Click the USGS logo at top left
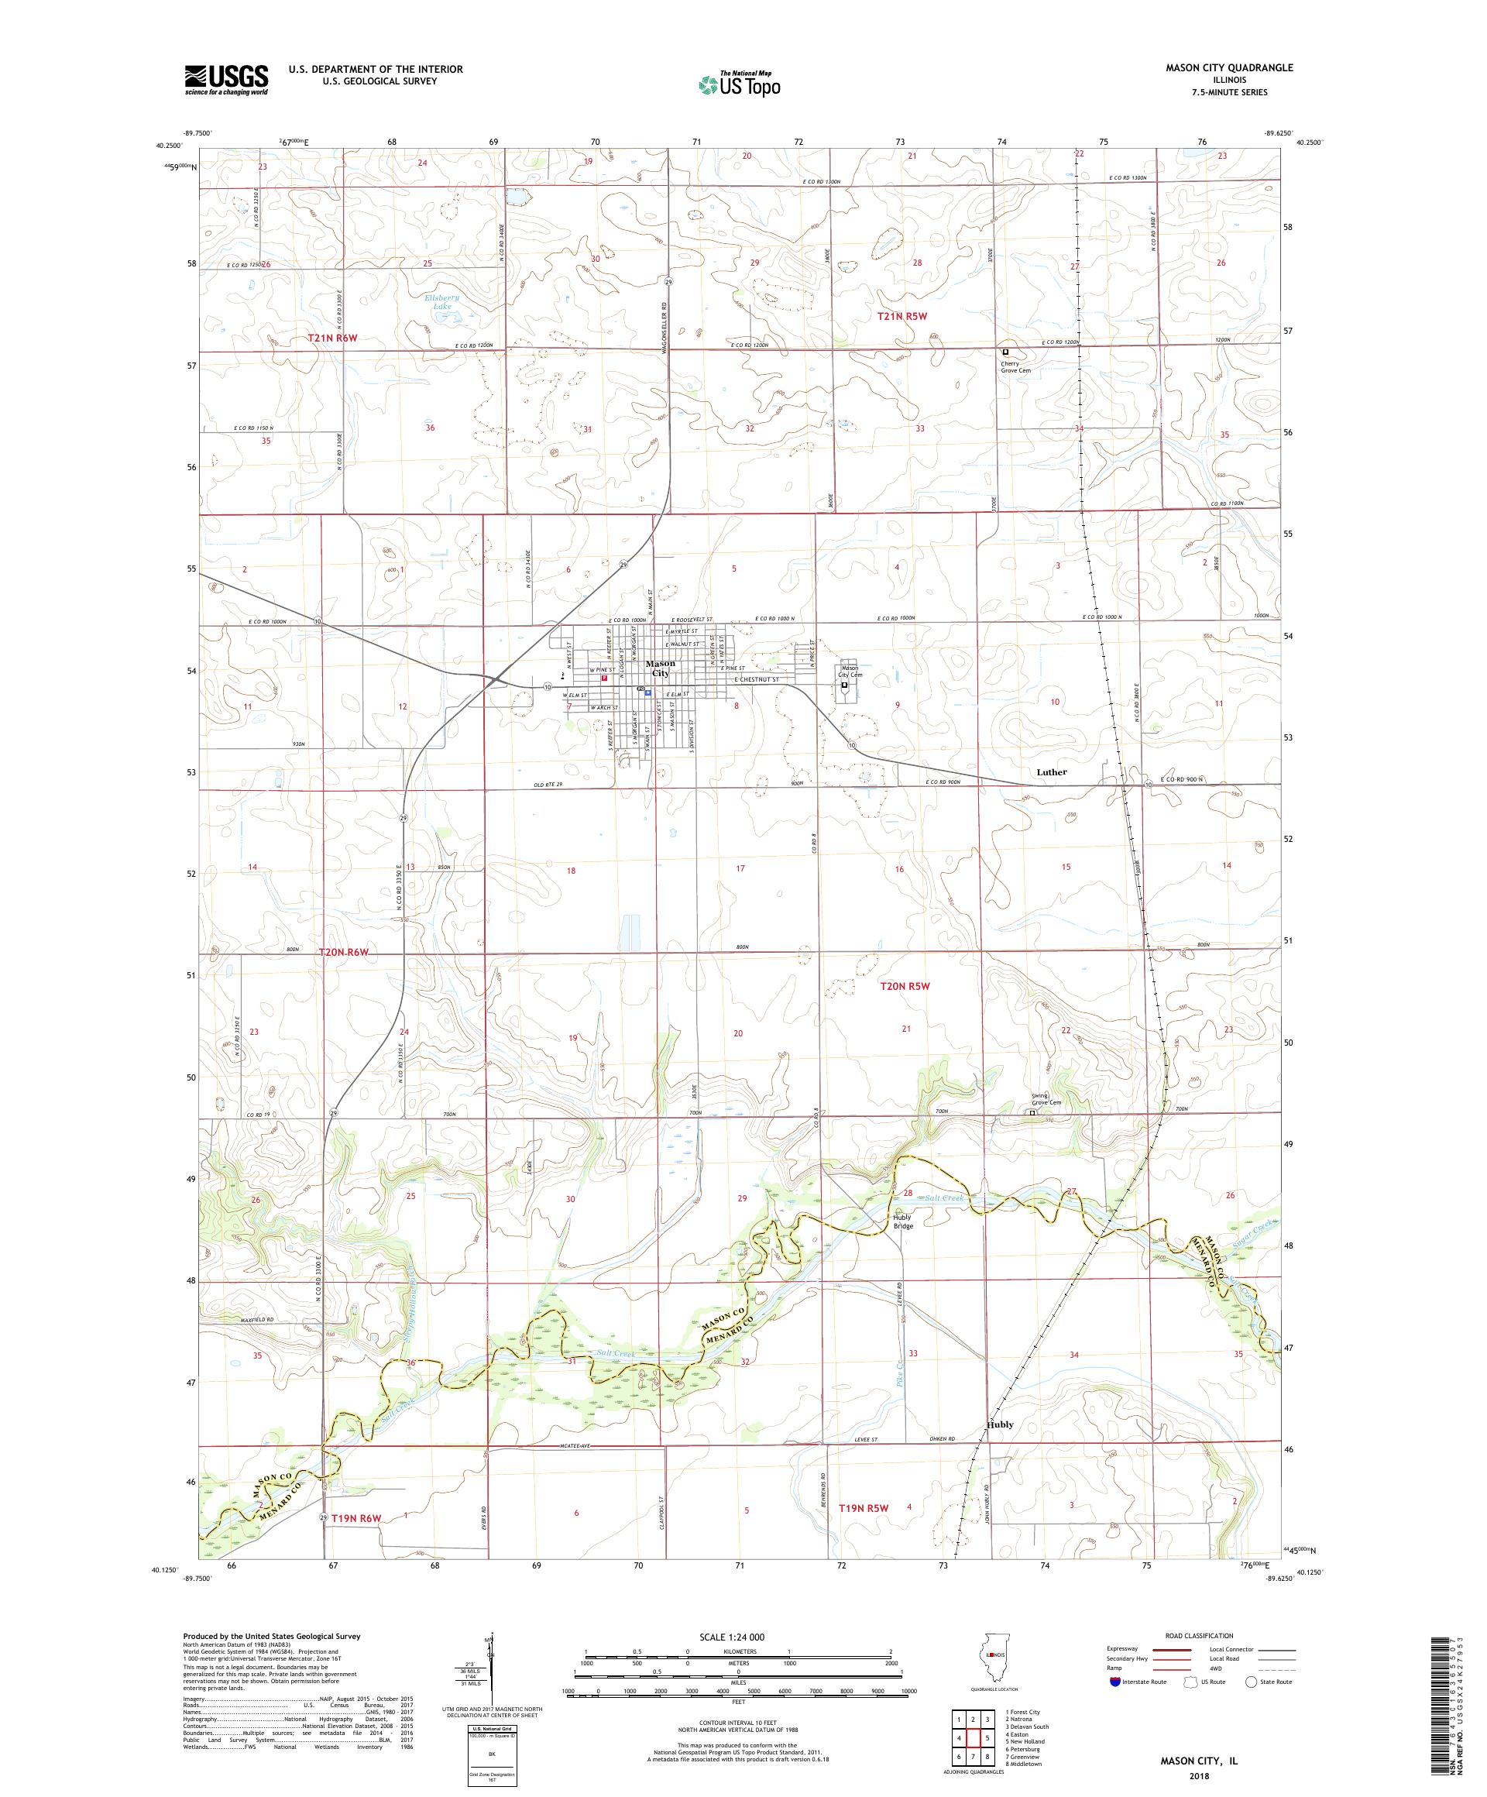point(226,80)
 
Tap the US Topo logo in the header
point(740,84)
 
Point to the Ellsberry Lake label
point(442,301)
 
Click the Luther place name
point(1052,771)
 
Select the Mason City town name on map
point(660,668)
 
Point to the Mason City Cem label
point(850,672)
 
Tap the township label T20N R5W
point(905,986)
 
